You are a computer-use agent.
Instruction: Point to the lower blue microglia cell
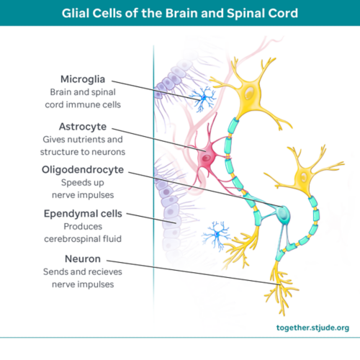click(x=214, y=233)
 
